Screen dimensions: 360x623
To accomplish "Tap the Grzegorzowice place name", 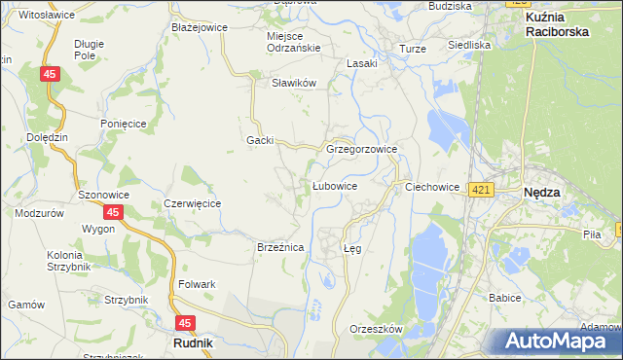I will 361,150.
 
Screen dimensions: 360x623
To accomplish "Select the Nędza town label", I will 541,193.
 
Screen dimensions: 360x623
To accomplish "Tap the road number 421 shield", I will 480,192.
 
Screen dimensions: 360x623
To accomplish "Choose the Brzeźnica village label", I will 280,248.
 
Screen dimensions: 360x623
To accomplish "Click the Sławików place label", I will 295,83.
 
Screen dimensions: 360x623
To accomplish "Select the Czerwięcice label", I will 193,203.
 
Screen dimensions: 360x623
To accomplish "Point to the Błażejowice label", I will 199,27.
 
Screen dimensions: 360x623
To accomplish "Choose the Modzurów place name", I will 40,212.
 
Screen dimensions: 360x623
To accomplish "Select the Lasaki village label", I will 362,64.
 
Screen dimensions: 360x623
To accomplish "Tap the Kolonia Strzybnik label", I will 70,262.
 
